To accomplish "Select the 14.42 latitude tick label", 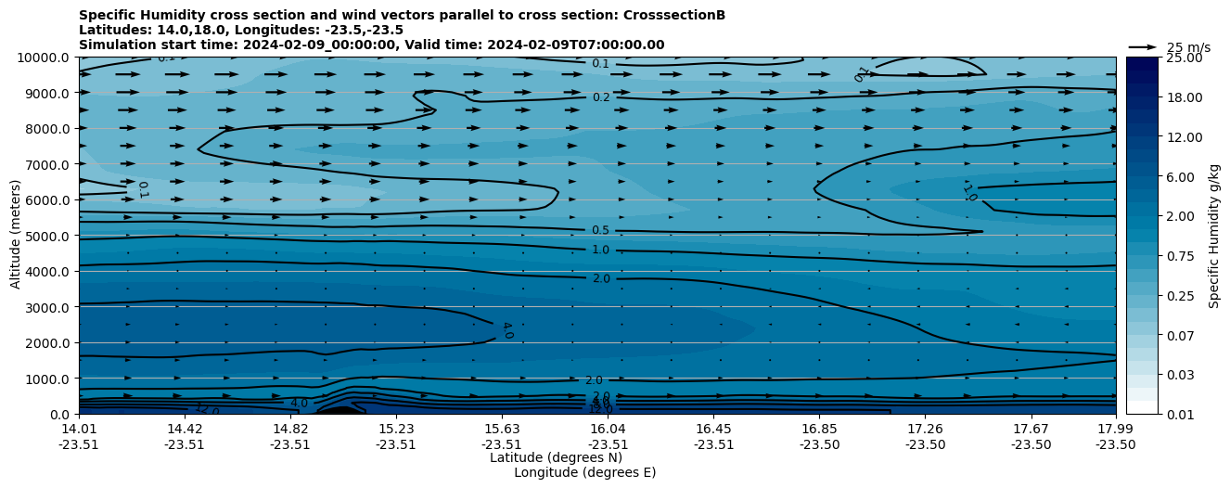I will pos(185,429).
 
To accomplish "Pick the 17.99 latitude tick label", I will pos(1115,429).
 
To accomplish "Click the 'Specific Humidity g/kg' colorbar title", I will pos(1214,236).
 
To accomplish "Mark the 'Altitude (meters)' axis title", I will pos(16,236).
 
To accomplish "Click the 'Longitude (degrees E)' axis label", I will pos(584,472).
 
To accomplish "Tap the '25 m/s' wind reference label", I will pos(1188,47).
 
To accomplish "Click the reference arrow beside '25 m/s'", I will pos(1142,46).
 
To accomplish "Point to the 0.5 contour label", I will pos(600,230).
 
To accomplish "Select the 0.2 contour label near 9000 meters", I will pos(601,97).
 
